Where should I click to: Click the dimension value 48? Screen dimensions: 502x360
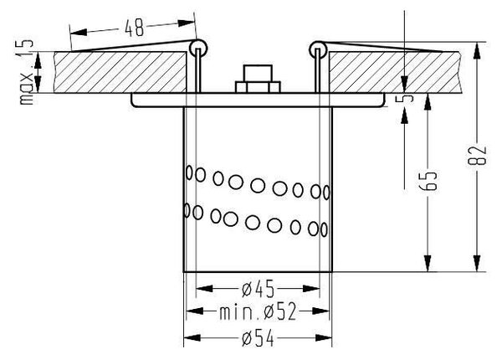134,28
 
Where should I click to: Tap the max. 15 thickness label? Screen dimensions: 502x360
25,72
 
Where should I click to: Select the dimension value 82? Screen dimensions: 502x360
477,156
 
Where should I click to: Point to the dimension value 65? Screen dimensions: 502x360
428,182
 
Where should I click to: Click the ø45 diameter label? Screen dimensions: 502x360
258,289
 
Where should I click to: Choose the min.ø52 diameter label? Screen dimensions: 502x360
258,312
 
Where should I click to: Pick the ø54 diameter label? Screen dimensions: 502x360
258,339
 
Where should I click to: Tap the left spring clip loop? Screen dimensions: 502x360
197,49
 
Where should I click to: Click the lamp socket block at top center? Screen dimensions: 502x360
258,79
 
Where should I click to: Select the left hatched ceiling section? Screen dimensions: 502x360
120,72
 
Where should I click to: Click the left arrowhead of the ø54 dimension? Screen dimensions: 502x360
192,338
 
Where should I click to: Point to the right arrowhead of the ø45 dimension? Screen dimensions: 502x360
311,289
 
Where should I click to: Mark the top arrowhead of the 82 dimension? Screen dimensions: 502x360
477,50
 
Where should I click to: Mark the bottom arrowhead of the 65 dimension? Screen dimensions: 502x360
428,263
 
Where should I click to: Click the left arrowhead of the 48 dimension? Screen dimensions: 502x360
79,32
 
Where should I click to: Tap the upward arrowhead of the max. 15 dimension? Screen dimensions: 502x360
38,60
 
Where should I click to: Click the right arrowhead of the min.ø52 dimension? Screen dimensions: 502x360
320,311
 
